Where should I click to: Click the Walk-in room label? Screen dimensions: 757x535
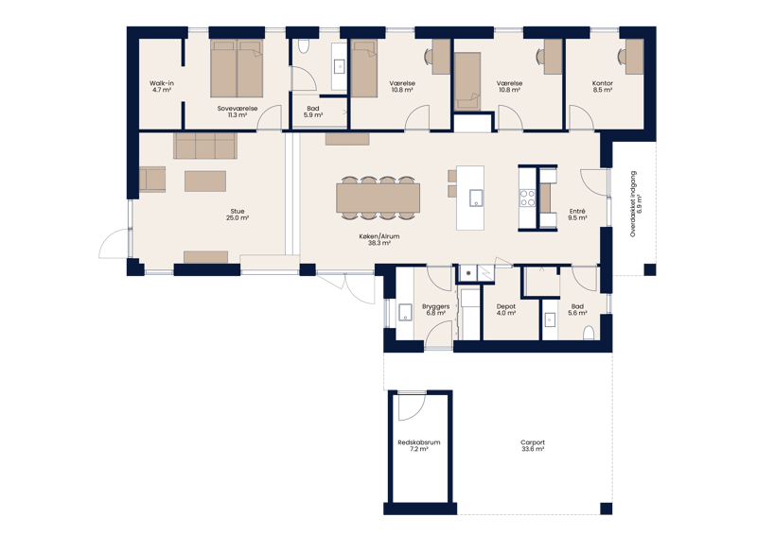tap(162, 86)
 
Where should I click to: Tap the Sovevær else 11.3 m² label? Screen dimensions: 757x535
tap(238, 112)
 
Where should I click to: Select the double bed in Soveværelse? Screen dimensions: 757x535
tap(237, 68)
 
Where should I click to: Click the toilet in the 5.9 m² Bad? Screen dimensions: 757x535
tap(303, 46)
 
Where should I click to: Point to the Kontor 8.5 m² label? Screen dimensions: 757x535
tap(603, 86)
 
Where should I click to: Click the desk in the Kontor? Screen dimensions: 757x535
tap(634, 57)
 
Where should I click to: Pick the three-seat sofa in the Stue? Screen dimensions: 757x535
tap(205, 147)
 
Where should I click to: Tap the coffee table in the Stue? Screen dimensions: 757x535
tap(205, 181)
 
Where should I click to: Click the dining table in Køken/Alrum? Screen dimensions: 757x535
tap(378, 198)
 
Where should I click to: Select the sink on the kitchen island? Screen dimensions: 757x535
tap(476, 198)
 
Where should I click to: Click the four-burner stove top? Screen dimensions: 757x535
tap(527, 198)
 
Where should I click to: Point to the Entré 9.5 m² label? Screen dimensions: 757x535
tap(577, 215)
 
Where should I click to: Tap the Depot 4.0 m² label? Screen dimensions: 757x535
tap(506, 310)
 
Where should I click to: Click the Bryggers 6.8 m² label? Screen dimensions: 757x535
tap(435, 310)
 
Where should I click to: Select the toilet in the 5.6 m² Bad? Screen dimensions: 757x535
tap(589, 333)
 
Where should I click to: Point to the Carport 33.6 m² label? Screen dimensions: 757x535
tap(533, 446)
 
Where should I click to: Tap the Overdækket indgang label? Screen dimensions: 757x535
tap(633, 203)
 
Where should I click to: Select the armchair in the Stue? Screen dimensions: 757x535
tap(152, 180)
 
